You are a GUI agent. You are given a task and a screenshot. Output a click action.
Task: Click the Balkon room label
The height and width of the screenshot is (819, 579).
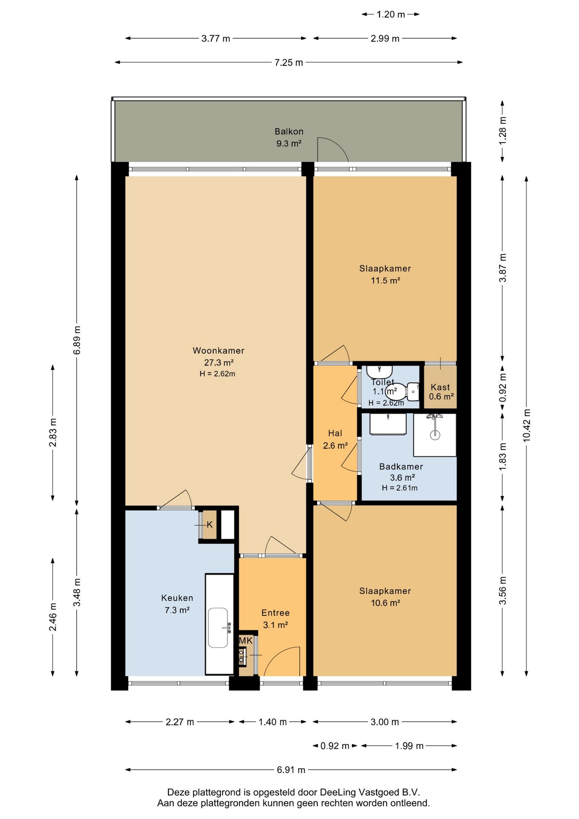(x=289, y=131)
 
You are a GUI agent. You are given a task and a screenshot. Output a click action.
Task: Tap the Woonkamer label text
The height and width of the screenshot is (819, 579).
(x=218, y=351)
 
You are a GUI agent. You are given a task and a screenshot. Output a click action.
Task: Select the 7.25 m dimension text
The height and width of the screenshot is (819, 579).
(x=289, y=63)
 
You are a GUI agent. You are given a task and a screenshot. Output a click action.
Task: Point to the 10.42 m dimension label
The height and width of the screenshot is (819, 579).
(x=527, y=425)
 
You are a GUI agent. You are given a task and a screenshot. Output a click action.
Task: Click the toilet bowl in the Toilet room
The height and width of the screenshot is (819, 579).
(x=402, y=391)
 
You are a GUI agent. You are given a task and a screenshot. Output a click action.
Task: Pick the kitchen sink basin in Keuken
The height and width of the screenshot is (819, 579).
(x=218, y=627)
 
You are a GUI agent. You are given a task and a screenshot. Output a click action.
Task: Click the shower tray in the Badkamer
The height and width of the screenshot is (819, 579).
(x=434, y=435)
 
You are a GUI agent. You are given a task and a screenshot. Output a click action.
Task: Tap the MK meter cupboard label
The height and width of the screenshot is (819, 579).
(x=246, y=640)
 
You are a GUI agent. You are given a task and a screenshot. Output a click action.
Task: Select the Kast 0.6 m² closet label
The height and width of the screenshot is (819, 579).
(x=441, y=392)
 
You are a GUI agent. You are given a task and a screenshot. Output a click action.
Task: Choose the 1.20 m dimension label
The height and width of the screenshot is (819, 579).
(x=391, y=15)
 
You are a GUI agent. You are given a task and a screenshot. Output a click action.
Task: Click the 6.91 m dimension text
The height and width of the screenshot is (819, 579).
(x=291, y=770)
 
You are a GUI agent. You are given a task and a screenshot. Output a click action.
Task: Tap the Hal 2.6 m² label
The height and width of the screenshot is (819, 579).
(x=335, y=439)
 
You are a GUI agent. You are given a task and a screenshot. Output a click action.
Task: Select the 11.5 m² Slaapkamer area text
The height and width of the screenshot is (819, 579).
(x=385, y=280)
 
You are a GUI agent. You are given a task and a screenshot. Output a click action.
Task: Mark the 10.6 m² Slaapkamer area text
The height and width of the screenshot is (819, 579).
(x=385, y=603)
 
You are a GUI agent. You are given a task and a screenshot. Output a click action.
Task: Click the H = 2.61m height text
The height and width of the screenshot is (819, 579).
(x=400, y=488)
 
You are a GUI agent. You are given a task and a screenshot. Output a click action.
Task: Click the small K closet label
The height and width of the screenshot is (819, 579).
(x=210, y=525)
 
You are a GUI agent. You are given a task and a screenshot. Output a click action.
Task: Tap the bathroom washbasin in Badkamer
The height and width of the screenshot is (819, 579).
(x=388, y=424)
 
